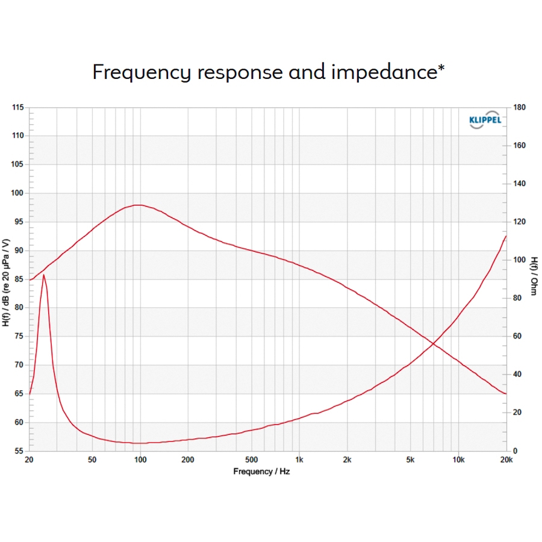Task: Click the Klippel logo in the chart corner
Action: click(x=485, y=119)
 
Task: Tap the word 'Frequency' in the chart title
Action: click(x=142, y=72)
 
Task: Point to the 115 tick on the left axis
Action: click(x=18, y=107)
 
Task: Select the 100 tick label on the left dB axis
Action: click(x=18, y=193)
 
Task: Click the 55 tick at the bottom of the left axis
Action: click(x=20, y=451)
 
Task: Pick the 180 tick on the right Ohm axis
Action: click(x=520, y=107)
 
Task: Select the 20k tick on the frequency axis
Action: click(x=506, y=460)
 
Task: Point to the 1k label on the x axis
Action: click(x=299, y=460)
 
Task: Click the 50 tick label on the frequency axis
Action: click(x=92, y=460)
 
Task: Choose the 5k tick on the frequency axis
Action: click(x=411, y=460)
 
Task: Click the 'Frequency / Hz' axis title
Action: click(x=261, y=472)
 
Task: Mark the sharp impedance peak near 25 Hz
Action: click(x=43, y=275)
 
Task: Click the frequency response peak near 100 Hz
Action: click(x=139, y=205)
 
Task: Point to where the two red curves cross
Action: click(x=433, y=344)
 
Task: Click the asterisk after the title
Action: click(x=442, y=67)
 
